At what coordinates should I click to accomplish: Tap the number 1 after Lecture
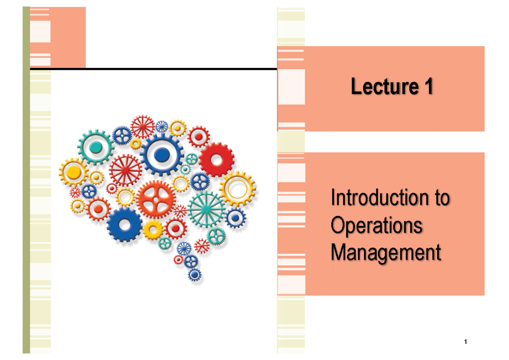tap(428, 87)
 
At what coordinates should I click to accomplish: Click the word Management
tap(386, 253)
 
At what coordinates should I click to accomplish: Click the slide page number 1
tap(466, 342)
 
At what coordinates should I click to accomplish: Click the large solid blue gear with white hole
tap(125, 225)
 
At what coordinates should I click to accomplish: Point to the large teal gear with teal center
tap(96, 147)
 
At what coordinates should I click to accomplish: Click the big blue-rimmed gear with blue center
tap(162, 155)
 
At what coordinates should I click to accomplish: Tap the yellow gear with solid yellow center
tap(74, 172)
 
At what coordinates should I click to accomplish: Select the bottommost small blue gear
tap(195, 275)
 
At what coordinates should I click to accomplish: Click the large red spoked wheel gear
tap(126, 170)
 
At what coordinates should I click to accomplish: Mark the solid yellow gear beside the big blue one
tap(153, 229)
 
